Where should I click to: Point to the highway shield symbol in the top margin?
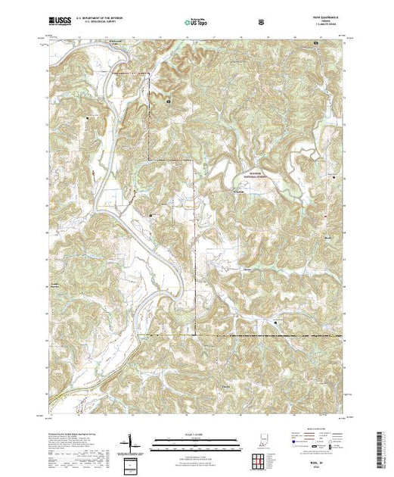pyautogui.click(x=262, y=21)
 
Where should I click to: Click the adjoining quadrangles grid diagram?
pyautogui.click(x=257, y=458)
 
